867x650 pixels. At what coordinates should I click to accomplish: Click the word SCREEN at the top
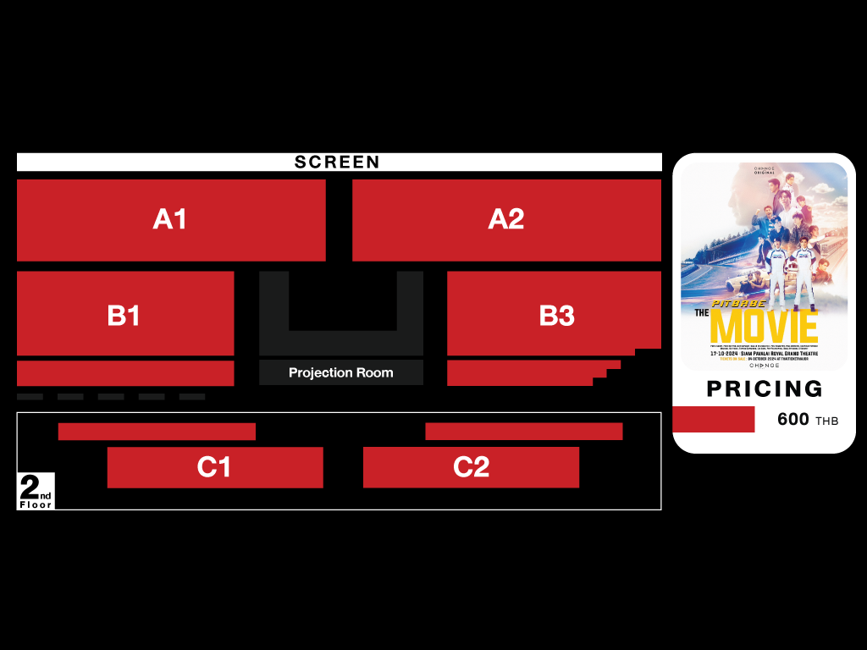click(x=337, y=162)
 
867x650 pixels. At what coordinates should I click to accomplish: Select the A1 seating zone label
click(x=170, y=219)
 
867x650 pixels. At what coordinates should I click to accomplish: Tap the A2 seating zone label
click(x=506, y=219)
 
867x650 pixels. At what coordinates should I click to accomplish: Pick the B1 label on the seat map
click(x=124, y=316)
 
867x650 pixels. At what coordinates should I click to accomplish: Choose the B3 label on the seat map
click(x=556, y=316)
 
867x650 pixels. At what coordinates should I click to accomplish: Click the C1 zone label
click(x=214, y=467)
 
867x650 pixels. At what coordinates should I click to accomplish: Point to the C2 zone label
click(x=471, y=467)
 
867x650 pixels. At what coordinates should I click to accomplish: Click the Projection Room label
click(x=341, y=372)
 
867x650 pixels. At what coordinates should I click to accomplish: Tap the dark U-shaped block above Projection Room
click(x=341, y=342)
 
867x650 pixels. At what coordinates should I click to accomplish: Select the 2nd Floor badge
click(x=36, y=492)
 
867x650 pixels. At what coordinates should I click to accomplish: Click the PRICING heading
click(x=765, y=388)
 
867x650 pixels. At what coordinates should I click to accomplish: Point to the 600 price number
click(x=793, y=419)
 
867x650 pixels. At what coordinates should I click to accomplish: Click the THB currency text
click(x=827, y=421)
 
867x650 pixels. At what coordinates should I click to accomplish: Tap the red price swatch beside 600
click(x=713, y=419)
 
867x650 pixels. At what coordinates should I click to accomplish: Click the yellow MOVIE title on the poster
click(x=764, y=327)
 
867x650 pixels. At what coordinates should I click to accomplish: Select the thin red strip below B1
click(x=125, y=373)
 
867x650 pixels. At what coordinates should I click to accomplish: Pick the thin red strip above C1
click(x=157, y=432)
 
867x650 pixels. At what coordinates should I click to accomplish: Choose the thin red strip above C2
click(x=523, y=432)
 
